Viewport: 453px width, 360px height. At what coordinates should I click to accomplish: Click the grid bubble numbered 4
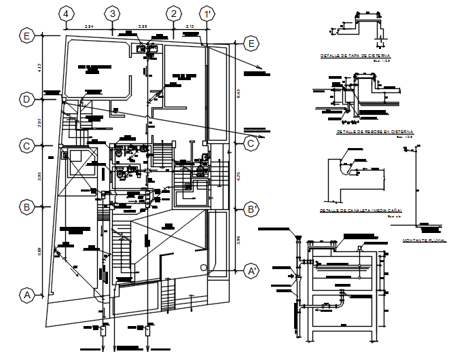[66, 14]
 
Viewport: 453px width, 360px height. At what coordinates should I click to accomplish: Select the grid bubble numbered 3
[113, 14]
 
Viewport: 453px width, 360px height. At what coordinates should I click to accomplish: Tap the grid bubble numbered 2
[175, 14]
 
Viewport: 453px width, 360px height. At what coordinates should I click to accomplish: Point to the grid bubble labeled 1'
[206, 14]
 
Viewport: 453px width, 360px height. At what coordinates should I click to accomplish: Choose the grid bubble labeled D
[26, 100]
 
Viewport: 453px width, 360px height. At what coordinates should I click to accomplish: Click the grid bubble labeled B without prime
[26, 206]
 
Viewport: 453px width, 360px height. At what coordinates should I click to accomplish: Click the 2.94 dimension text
[88, 26]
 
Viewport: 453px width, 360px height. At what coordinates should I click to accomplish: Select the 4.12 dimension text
[40, 68]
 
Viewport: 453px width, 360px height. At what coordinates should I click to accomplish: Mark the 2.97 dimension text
[40, 122]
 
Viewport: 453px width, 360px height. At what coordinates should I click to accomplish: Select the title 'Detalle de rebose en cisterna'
[374, 131]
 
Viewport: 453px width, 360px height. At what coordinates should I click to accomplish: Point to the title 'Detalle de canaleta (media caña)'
[361, 211]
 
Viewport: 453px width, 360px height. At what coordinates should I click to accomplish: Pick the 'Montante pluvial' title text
[424, 240]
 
